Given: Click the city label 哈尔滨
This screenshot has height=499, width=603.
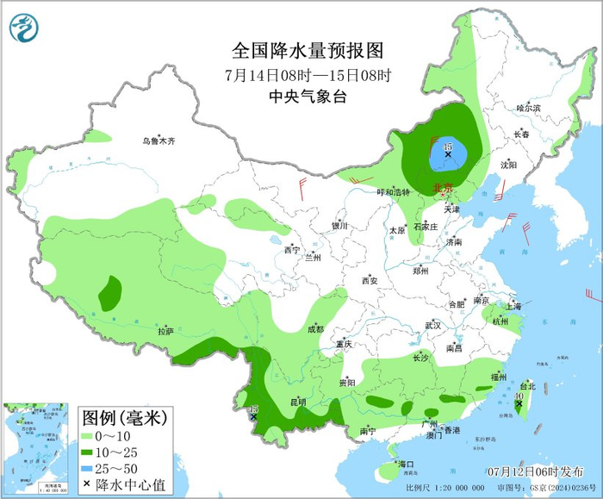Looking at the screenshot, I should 528,109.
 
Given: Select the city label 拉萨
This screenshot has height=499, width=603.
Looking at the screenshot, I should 165,331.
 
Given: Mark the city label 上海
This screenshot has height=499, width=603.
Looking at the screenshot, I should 513,306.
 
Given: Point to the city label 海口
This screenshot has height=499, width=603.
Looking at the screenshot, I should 406,465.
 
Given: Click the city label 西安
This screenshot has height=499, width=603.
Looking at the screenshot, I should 370,281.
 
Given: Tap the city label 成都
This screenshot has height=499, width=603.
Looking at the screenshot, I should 314,329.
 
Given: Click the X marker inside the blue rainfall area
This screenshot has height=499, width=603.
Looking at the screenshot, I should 448,154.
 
